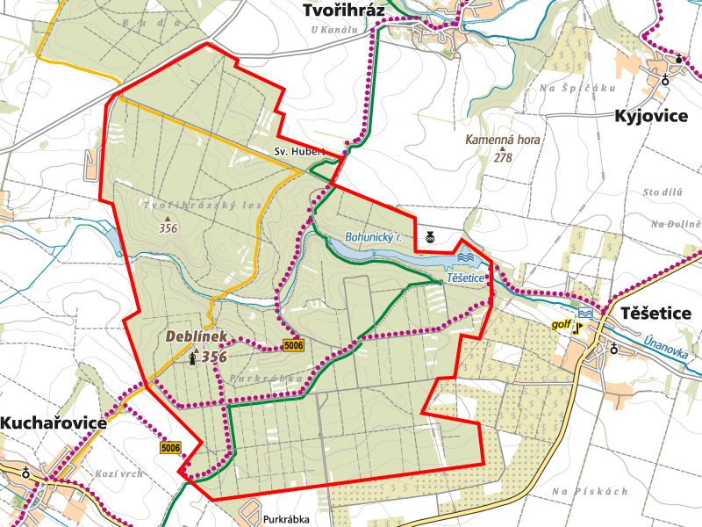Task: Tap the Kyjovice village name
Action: [x=650, y=117]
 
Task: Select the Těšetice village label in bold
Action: [x=655, y=314]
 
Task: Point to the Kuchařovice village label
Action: [x=54, y=422]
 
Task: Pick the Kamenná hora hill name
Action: [x=503, y=140]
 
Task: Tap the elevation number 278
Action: [x=503, y=158]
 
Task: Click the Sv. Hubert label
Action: [x=299, y=151]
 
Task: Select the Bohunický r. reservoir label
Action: [x=374, y=237]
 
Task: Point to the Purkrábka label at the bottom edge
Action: [x=285, y=519]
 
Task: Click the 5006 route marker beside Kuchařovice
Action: [x=170, y=448]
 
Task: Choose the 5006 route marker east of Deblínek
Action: [x=293, y=346]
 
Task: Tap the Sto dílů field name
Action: [x=663, y=191]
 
